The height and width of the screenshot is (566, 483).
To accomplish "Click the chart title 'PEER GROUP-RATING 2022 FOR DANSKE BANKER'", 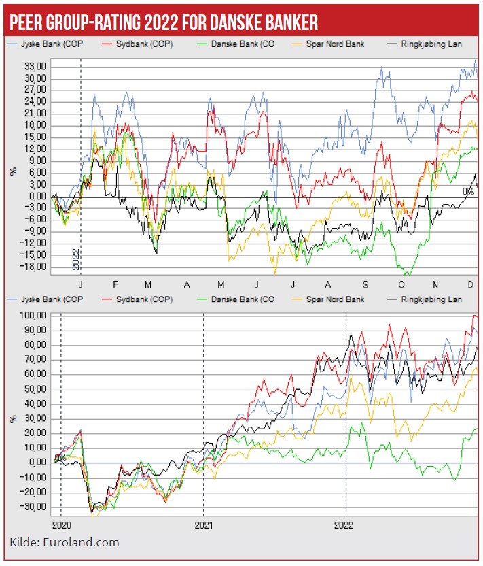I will [163, 22].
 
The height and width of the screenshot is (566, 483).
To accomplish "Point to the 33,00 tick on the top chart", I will [35, 67].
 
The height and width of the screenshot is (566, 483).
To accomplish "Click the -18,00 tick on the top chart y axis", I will [33, 267].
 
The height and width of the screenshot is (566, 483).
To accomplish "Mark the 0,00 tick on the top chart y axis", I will [37, 197].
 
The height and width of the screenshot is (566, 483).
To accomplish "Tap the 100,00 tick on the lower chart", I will [33, 316].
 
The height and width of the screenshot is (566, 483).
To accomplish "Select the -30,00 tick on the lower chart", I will [33, 507].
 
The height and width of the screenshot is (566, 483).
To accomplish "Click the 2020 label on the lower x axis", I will [61, 525].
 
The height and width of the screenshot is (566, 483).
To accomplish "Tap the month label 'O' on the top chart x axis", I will [401, 284].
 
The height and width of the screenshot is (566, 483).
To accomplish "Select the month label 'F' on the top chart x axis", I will [115, 284].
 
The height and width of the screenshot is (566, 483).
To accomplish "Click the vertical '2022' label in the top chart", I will [75, 259].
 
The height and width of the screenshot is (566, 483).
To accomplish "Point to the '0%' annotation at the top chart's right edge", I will [467, 191].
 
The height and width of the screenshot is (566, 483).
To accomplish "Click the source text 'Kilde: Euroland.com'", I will [65, 542].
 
